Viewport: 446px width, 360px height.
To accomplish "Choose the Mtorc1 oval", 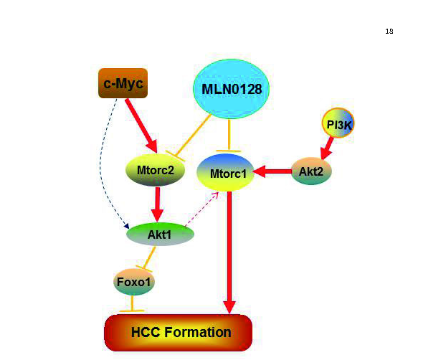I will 228,173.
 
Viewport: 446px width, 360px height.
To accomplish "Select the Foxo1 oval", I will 134,281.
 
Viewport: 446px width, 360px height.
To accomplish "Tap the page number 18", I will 389,32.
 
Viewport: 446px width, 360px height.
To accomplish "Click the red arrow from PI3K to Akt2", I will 328,148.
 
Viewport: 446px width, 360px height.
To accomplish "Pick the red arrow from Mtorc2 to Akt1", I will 157,205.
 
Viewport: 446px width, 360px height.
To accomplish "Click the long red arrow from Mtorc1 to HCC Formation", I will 229,251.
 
